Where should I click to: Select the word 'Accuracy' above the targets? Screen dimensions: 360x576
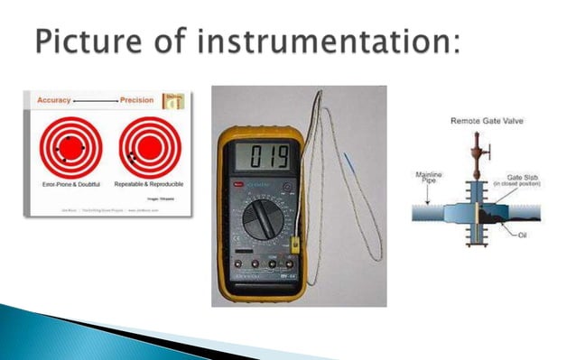(55, 101)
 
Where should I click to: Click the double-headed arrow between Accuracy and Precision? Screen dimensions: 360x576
(96, 101)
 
